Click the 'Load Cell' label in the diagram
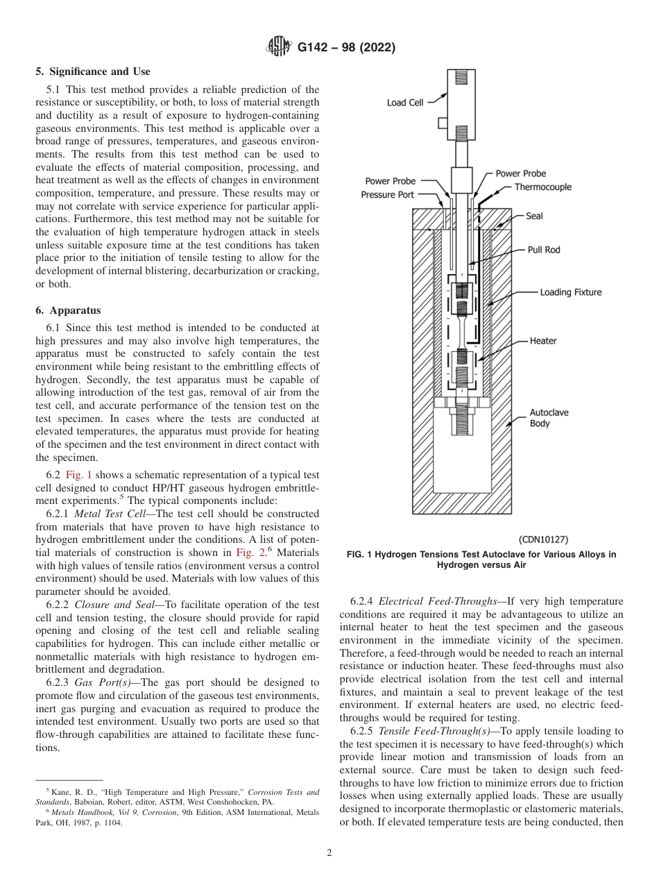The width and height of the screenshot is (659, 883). [x=405, y=103]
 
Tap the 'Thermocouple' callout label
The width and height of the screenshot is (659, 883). [x=542, y=187]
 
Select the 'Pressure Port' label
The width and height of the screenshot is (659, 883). [x=387, y=194]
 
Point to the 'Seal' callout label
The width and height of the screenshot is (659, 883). [x=534, y=216]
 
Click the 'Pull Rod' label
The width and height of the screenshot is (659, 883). [x=543, y=249]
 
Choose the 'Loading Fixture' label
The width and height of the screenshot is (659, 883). [x=570, y=292]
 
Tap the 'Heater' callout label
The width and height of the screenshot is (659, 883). [x=542, y=341]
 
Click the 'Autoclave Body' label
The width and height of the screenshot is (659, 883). [x=549, y=417]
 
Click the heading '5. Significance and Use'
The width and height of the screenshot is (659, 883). [x=93, y=72]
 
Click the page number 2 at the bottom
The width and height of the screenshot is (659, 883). [x=329, y=853]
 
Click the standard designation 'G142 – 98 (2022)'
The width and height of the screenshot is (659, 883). [x=346, y=47]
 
